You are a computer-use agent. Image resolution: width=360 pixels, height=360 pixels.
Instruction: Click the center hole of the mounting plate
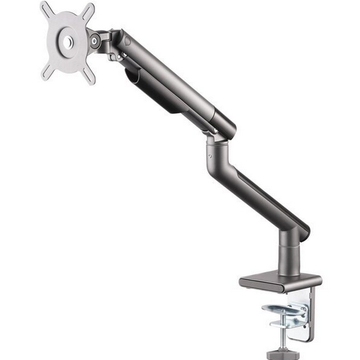68,42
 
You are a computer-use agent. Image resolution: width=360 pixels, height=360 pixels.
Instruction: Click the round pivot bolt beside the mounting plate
97,42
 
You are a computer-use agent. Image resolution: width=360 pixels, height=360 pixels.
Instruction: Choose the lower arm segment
261,194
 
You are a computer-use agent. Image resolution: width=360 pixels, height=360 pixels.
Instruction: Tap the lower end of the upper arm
221,124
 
